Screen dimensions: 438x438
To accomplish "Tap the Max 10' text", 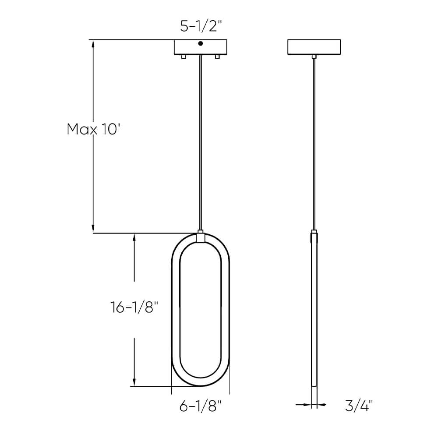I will click(x=93, y=129).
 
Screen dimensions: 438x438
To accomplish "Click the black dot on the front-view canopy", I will click(x=201, y=43).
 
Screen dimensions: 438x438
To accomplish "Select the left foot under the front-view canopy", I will click(x=184, y=57).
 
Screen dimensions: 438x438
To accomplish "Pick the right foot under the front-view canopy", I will click(x=217, y=57).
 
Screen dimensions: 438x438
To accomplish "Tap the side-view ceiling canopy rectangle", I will click(x=314, y=47).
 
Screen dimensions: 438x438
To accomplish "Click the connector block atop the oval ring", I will click(x=201, y=237).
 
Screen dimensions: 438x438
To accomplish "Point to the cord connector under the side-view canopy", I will click(x=314, y=57).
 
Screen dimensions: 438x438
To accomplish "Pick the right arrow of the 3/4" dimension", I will click(x=321, y=405).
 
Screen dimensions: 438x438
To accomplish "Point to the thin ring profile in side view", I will click(x=314, y=315).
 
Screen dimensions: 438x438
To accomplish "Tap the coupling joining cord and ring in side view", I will click(x=314, y=232).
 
